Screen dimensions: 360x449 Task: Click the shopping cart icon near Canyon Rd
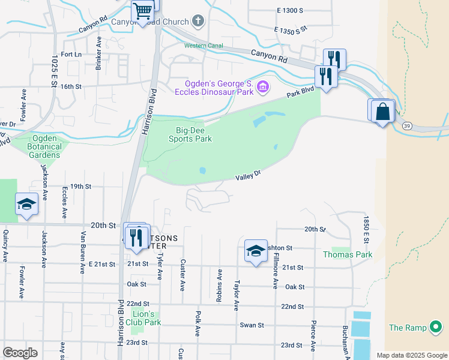(x=143, y=11)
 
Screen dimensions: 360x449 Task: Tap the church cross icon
(x=198, y=22)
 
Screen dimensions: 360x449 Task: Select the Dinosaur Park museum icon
(x=262, y=88)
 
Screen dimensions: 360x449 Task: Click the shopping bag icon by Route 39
(x=382, y=111)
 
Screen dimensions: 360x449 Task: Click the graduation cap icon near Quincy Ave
(x=26, y=205)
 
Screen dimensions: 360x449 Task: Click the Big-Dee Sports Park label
(x=194, y=134)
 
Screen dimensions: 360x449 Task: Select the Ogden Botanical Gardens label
(x=43, y=150)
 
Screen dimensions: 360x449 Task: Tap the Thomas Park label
(x=348, y=254)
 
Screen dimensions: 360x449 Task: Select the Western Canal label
(x=203, y=46)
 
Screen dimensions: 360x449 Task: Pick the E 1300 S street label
(x=290, y=11)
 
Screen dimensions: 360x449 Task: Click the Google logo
(x=20, y=353)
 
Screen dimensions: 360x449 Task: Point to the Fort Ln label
(x=71, y=55)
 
